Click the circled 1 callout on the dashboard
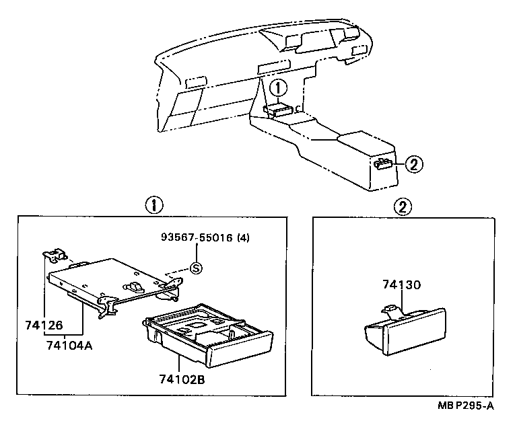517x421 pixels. coord(279,87)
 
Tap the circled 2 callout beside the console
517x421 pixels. coord(415,163)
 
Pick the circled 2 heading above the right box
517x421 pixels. coord(403,206)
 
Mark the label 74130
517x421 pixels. coord(402,284)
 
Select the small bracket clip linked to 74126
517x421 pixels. coord(55,254)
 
